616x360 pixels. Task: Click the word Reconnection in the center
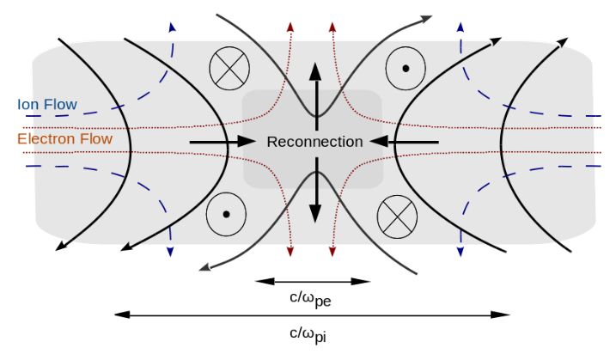click(314, 142)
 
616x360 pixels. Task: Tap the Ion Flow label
click(47, 105)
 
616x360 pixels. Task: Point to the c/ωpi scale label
click(312, 333)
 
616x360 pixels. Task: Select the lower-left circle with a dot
click(225, 214)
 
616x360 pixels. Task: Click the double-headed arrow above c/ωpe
click(313, 281)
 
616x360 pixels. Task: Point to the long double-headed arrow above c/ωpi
click(312, 315)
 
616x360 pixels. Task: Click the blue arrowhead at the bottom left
click(170, 250)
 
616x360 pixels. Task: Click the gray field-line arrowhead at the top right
click(426, 17)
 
